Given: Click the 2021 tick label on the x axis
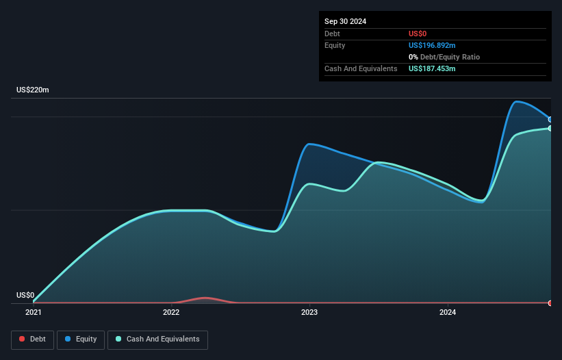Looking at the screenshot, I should [33, 313].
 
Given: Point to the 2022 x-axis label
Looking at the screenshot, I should [171, 313].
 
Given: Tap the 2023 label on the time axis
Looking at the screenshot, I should [309, 313].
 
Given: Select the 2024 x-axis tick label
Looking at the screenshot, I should [448, 313].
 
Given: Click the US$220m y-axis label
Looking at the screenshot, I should [33, 90].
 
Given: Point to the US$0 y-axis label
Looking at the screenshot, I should [25, 296].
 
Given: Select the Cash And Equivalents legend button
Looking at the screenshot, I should [157, 339].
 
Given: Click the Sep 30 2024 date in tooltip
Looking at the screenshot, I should [345, 21].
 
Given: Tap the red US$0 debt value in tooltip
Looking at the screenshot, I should [418, 34].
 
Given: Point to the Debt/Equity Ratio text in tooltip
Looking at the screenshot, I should [448, 57].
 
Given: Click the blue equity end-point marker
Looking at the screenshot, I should [550, 120].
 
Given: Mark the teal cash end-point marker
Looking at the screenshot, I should [550, 128].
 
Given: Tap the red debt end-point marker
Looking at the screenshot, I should [550, 303].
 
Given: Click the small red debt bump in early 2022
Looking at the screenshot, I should [205, 298].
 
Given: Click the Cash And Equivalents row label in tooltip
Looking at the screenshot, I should [361, 69].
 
